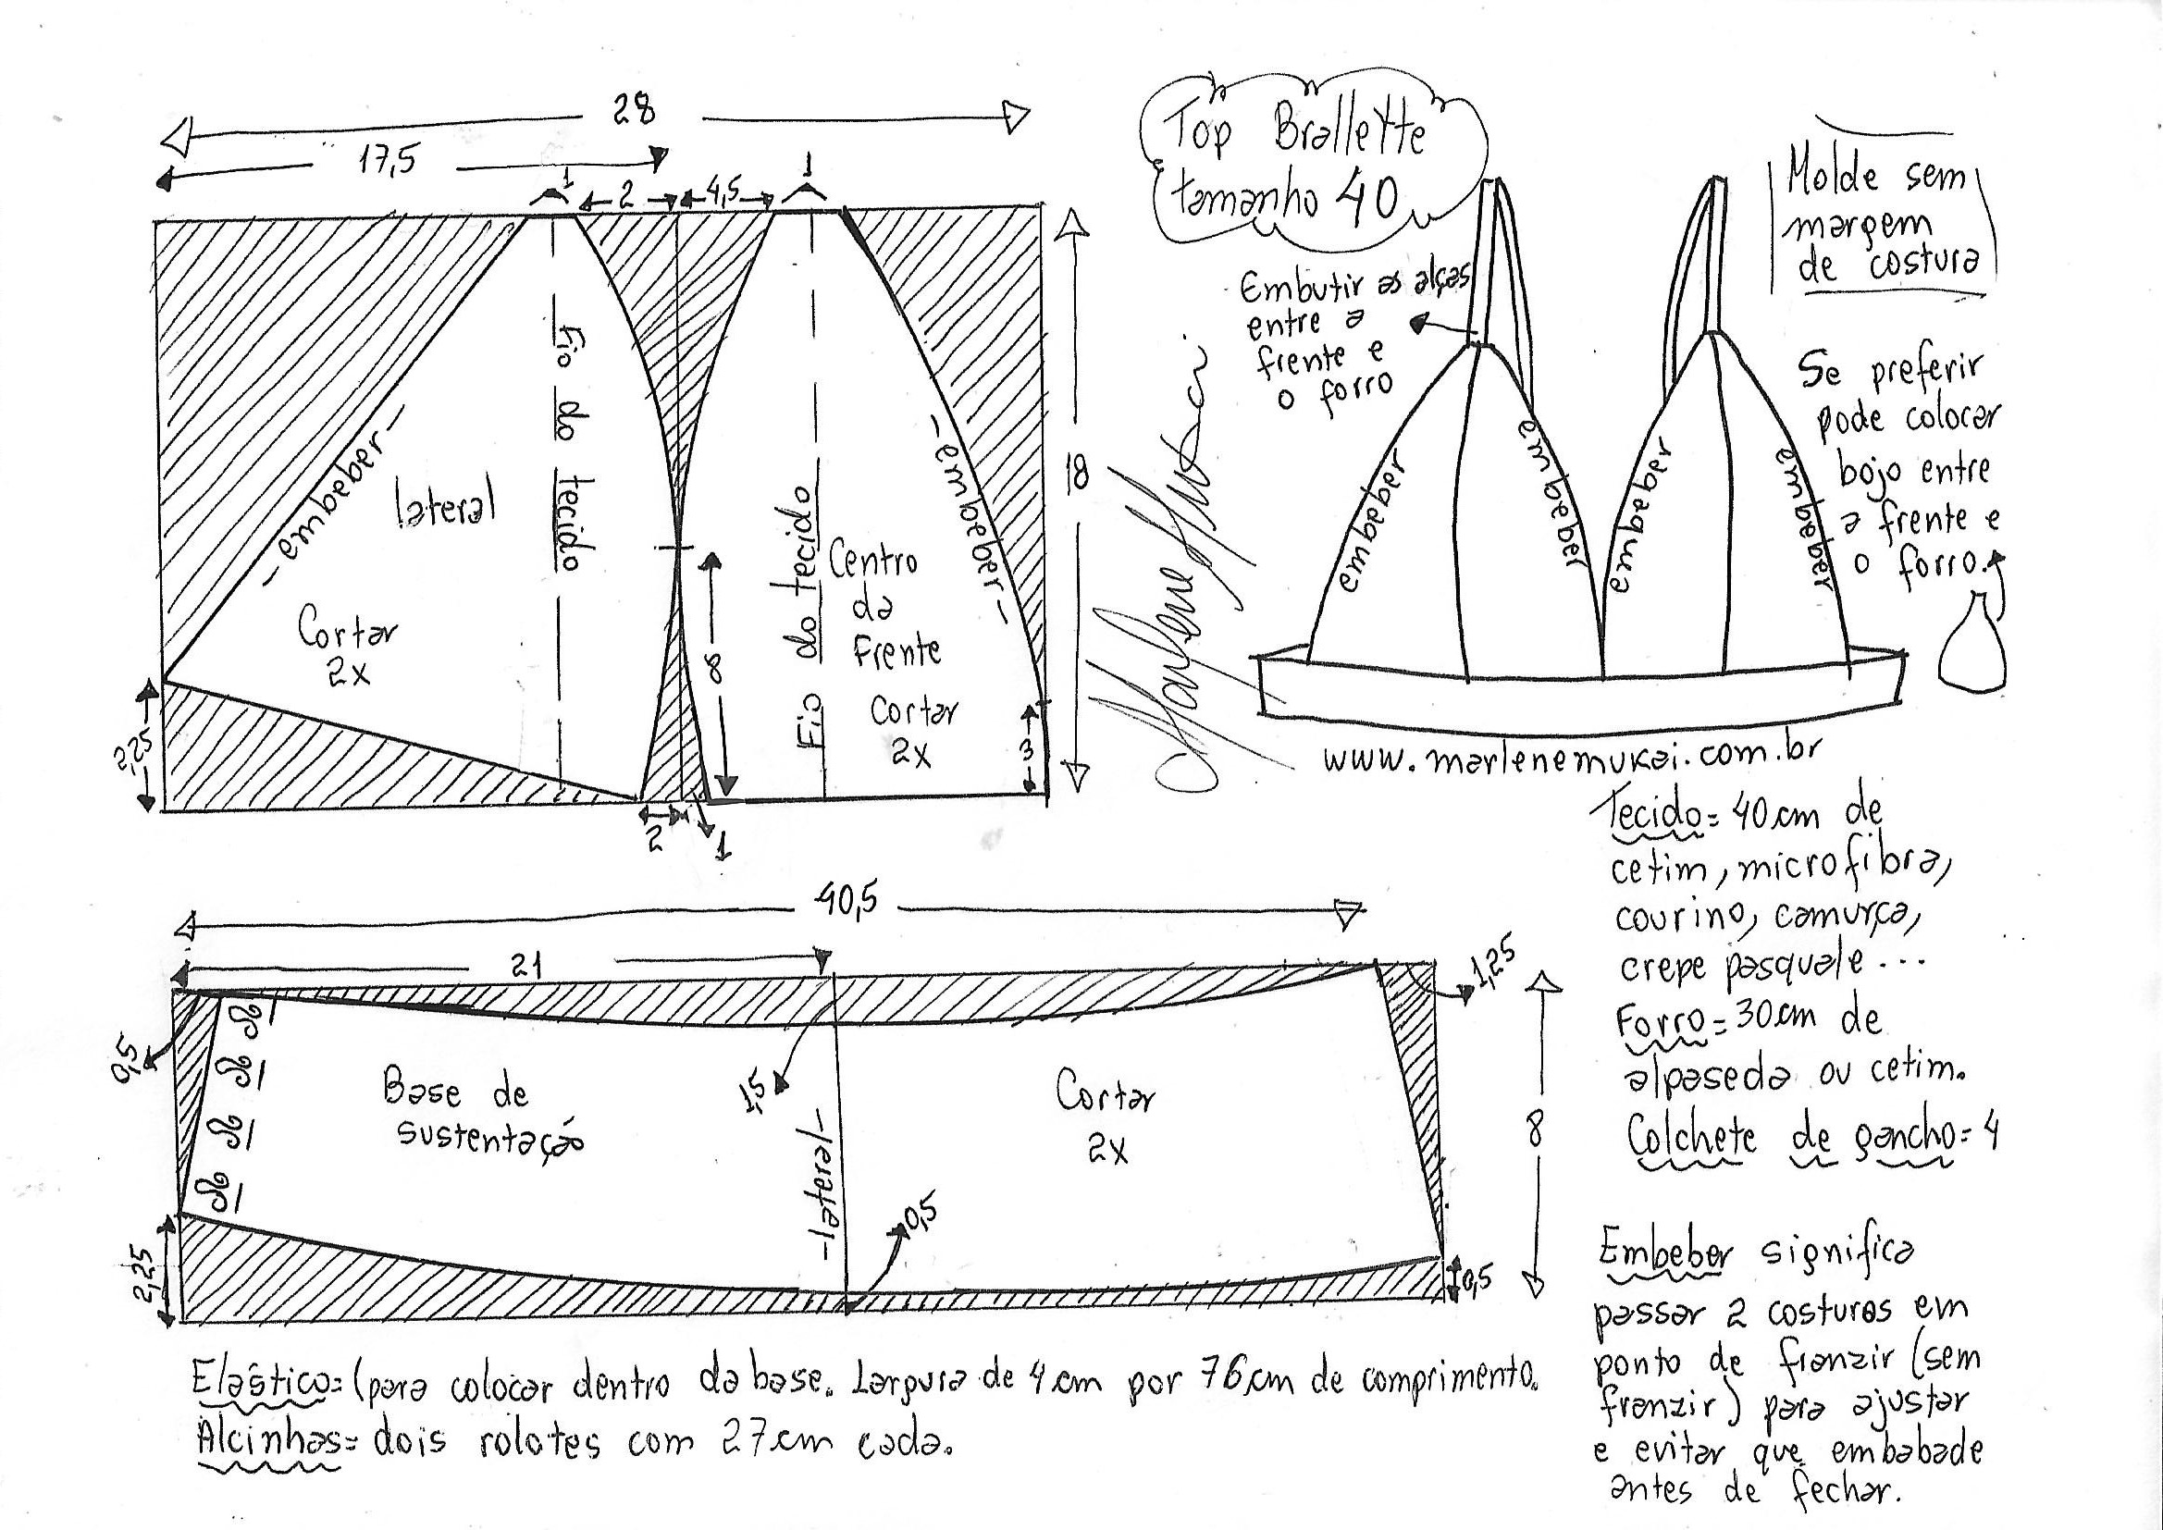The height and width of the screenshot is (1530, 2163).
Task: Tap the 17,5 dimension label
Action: click(387, 162)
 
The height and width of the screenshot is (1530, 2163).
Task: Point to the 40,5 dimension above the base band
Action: click(846, 902)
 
